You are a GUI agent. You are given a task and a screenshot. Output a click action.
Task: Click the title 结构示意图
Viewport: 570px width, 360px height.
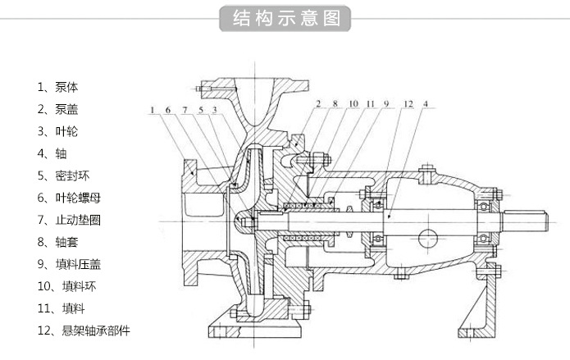point(285,18)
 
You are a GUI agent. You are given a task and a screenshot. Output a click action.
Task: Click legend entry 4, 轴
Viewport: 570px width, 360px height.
point(52,153)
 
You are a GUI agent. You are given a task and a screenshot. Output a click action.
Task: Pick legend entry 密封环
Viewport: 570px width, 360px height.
point(62,175)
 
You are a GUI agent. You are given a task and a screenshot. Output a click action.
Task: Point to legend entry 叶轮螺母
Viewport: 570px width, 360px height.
point(68,197)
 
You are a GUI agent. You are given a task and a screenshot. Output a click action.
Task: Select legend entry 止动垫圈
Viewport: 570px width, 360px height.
point(68,219)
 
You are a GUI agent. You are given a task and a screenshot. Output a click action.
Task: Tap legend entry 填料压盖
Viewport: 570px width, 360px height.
point(68,263)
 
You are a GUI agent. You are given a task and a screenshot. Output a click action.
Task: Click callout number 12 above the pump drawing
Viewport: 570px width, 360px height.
point(408,104)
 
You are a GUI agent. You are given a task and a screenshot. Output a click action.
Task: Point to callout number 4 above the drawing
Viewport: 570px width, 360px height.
point(426,104)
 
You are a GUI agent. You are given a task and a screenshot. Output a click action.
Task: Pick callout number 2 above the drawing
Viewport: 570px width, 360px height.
point(317,104)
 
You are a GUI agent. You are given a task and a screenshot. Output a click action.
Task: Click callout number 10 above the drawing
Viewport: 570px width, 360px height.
point(353,104)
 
